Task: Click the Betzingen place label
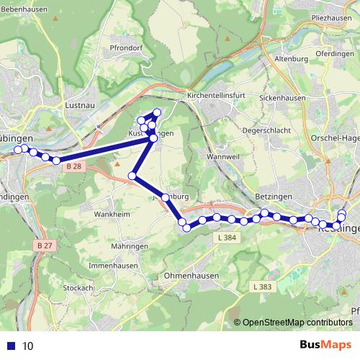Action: [272, 197]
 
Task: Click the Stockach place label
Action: [79, 288]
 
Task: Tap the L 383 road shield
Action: [262, 287]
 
